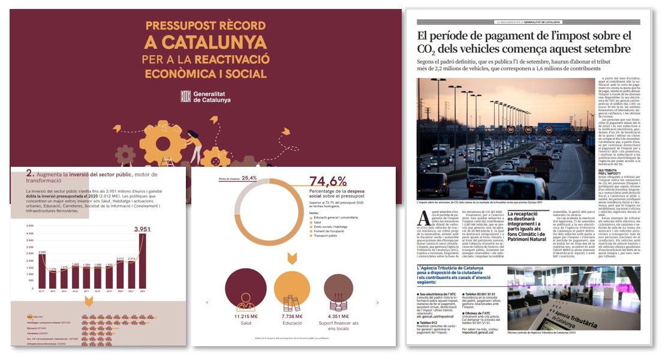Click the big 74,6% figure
click(x=328, y=181)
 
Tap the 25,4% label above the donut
click(x=249, y=178)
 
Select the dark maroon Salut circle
click(x=246, y=292)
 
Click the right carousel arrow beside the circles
click(x=377, y=302)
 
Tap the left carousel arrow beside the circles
click(x=207, y=302)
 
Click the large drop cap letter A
click(x=425, y=218)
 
